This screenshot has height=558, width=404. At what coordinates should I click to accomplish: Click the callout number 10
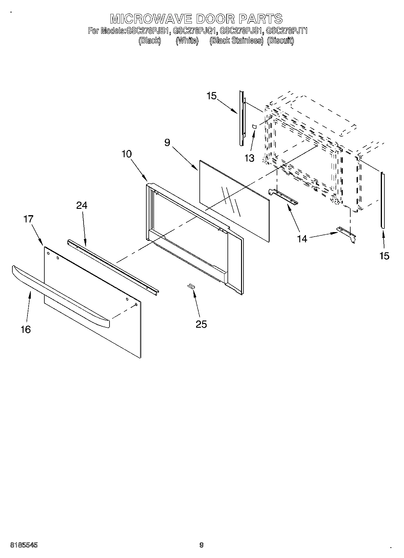tap(127, 154)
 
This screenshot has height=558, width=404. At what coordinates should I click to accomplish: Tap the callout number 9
tap(167, 142)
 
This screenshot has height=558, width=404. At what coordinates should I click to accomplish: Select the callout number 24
tap(81, 205)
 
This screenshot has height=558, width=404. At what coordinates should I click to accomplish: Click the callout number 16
tap(26, 329)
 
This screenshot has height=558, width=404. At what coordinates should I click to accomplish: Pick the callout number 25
tap(201, 324)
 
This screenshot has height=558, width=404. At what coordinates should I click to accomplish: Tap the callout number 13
tap(250, 158)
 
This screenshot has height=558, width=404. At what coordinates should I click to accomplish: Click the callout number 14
tap(302, 239)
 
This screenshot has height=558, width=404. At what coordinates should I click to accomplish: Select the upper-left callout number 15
tap(212, 96)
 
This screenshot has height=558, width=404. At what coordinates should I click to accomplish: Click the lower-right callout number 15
tap(384, 256)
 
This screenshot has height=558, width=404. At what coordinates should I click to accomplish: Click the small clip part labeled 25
tap(191, 286)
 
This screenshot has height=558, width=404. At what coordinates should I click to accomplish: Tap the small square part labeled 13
tap(254, 126)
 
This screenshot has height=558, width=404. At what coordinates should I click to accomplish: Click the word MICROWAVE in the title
tap(151, 19)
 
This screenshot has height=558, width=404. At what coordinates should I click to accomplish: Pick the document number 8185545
tap(24, 545)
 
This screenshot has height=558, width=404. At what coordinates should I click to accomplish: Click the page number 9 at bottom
tap(202, 545)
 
